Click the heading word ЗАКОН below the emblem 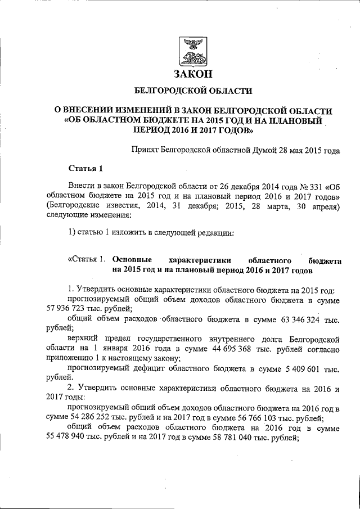pyautogui.click(x=192, y=74)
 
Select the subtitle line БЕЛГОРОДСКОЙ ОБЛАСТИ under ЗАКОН pyautogui.click(x=192, y=91)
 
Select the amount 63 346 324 pyautogui.click(x=299, y=320)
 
